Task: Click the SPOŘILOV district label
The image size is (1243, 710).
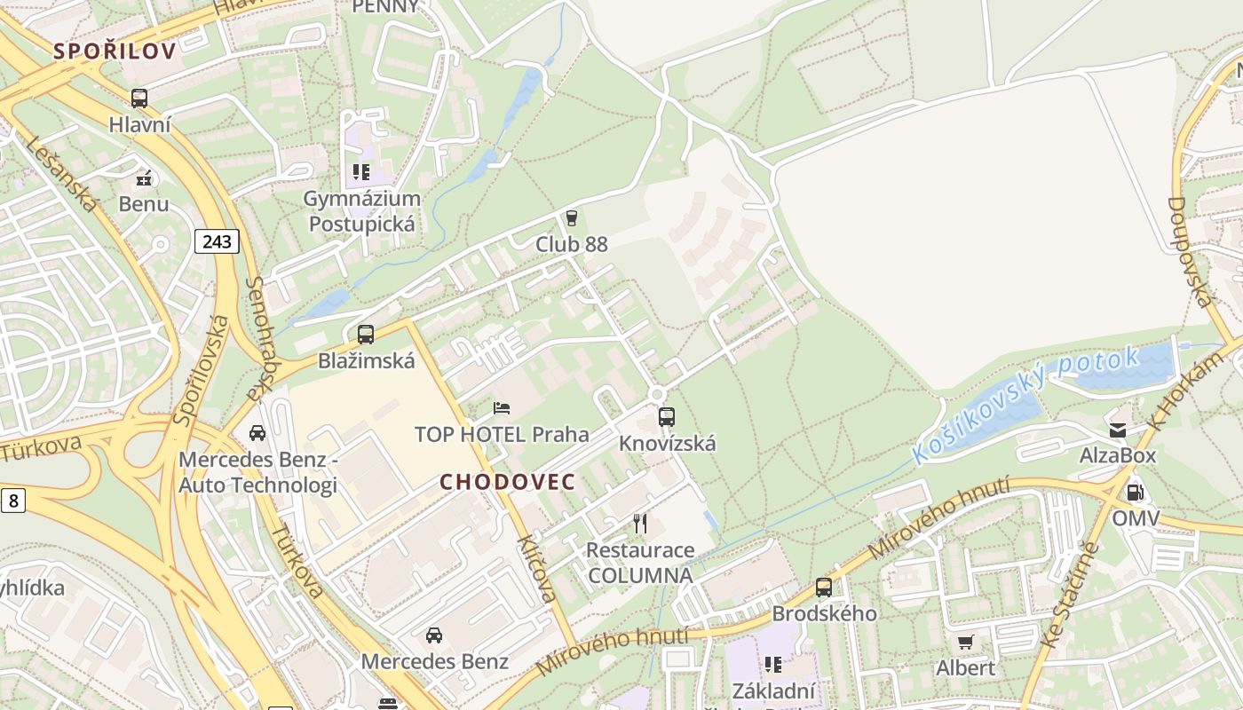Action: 115,51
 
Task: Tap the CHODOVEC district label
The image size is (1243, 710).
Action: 508,482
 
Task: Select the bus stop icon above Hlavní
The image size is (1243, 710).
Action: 139,99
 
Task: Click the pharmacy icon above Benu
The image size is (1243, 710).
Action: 144,178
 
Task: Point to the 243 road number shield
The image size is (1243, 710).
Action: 217,241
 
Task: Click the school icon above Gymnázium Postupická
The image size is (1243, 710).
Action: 360,171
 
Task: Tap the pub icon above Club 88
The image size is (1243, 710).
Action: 571,217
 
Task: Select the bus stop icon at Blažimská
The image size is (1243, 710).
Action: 366,335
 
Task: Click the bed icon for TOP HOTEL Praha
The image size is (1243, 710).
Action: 502,408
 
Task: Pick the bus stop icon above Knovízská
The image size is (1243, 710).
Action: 667,416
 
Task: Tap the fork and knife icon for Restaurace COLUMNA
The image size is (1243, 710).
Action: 639,524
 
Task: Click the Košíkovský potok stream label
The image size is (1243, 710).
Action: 1025,405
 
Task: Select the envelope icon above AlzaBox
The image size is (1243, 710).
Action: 1117,430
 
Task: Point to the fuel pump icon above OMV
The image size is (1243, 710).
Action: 1135,493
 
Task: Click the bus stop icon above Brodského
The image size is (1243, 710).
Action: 824,587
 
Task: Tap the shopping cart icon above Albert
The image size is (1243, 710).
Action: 965,642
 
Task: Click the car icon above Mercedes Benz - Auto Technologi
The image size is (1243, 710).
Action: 257,433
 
